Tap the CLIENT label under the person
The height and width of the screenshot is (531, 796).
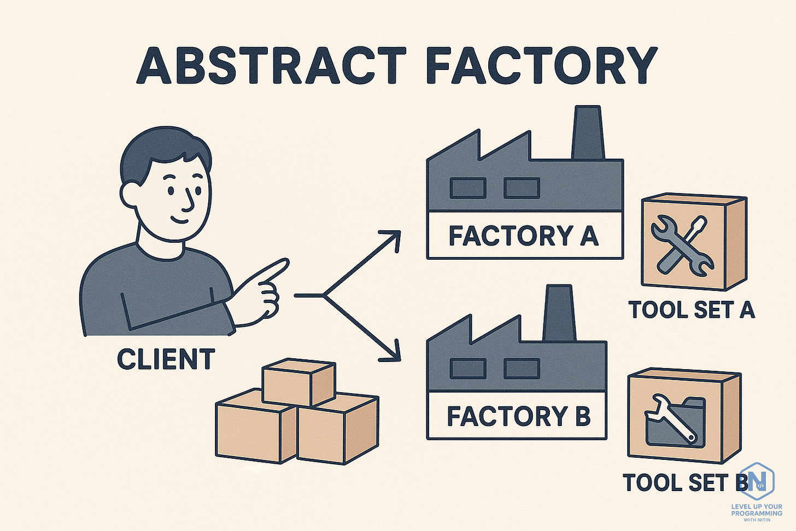(166, 360)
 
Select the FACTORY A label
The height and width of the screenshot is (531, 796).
(524, 236)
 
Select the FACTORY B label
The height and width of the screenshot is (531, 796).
(518, 416)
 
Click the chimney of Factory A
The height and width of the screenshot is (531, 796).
(587, 134)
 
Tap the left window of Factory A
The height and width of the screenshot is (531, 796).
(467, 188)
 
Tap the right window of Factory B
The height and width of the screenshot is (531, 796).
(522, 369)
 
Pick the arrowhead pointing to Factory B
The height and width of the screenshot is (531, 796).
(394, 354)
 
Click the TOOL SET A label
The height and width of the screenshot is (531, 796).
(692, 310)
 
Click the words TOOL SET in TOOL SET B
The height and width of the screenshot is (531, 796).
(676, 483)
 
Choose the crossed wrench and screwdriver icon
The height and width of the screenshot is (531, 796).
(682, 244)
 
